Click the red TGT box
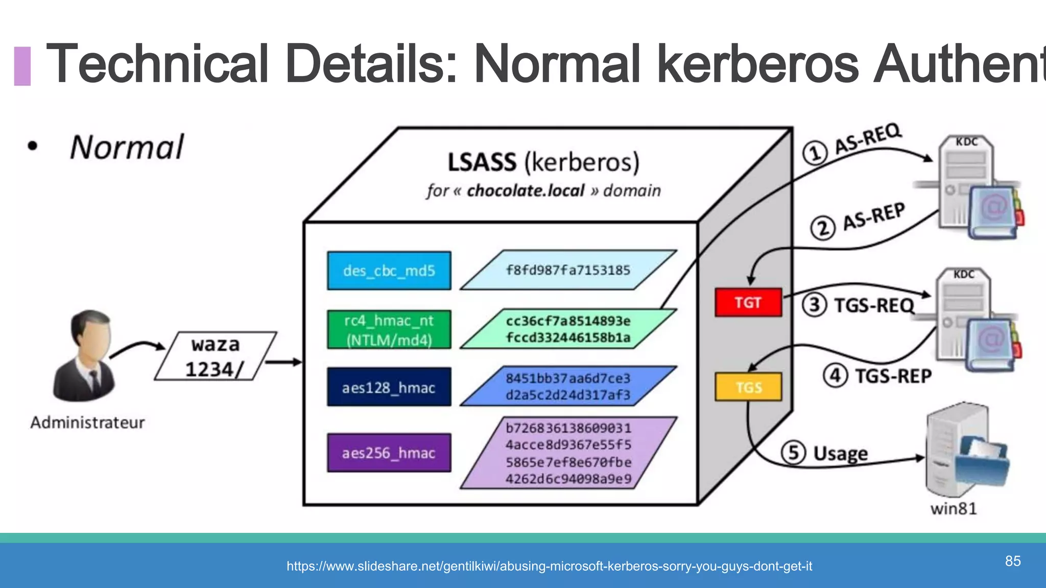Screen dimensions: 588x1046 point(748,303)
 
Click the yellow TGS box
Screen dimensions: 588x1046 point(748,387)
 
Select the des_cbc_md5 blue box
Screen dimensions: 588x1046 point(389,271)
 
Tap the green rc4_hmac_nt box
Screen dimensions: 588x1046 point(389,330)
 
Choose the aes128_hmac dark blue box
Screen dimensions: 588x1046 point(389,387)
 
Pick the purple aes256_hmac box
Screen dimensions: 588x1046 point(389,453)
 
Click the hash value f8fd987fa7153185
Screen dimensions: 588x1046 point(568,270)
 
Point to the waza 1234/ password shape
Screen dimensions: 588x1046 point(215,356)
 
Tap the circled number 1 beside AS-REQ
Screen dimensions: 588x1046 point(815,153)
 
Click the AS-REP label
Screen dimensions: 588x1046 point(874,216)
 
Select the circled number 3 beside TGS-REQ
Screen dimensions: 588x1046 point(814,305)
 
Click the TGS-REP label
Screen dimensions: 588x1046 point(893,376)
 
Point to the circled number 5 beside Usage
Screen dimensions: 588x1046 point(793,453)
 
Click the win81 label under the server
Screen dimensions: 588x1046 point(953,509)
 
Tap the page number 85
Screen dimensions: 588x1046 point(1013,561)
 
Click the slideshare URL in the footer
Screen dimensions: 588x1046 point(549,566)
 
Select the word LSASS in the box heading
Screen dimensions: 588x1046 point(482,163)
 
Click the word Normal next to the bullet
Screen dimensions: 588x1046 point(127,148)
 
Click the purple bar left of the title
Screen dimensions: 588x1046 point(22,66)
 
